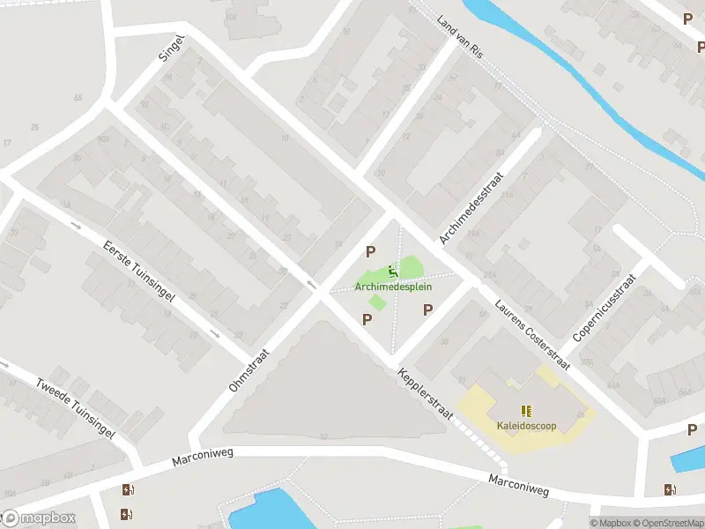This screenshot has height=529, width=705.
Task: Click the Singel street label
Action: coord(172,48)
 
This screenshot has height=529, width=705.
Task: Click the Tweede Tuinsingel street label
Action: coord(75,408)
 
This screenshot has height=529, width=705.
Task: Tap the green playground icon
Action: coord(393,271)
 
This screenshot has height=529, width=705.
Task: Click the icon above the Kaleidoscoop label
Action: coord(526,411)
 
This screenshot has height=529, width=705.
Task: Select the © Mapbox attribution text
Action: coord(612,523)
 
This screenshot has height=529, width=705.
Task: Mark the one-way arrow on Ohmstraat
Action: coord(310,283)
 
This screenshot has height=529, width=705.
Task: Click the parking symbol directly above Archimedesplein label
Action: coord(370,251)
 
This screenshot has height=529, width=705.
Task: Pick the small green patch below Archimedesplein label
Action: coord(377,302)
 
